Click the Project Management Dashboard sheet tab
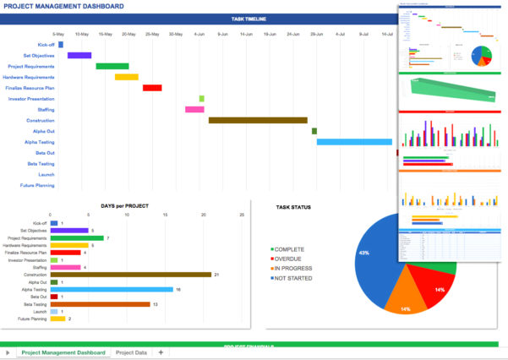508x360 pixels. pyautogui.click(x=63, y=352)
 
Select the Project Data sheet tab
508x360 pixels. pyautogui.click(x=131, y=352)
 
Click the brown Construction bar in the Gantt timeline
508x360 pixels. pyautogui.click(x=258, y=120)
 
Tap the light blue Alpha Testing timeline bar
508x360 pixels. pyautogui.click(x=355, y=142)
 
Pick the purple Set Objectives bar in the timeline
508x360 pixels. pyautogui.click(x=79, y=55)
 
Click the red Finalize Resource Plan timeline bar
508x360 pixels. pyautogui.click(x=152, y=88)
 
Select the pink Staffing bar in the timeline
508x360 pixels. pyautogui.click(x=194, y=109)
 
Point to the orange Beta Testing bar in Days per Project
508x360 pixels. pyautogui.click(x=100, y=304)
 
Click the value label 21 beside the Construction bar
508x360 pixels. pyautogui.click(x=216, y=275)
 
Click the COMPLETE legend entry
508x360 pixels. pyautogui.click(x=290, y=249)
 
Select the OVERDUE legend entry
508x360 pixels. pyautogui.click(x=289, y=259)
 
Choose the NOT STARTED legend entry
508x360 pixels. pyautogui.click(x=293, y=277)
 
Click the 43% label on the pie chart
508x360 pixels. pyautogui.click(x=363, y=254)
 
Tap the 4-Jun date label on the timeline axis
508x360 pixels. pyautogui.click(x=199, y=35)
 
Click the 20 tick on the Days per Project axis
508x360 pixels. pyautogui.click(x=204, y=215)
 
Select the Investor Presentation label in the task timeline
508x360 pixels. pyautogui.click(x=32, y=99)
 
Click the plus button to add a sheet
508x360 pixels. pyautogui.click(x=161, y=352)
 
